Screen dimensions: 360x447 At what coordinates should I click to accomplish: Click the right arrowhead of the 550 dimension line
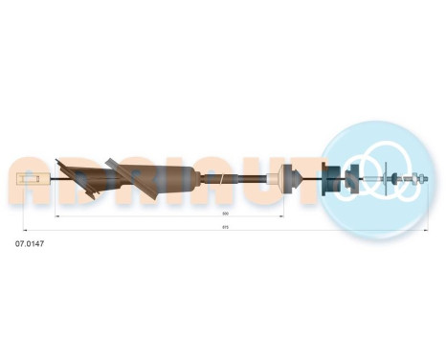click(x=283, y=217)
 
